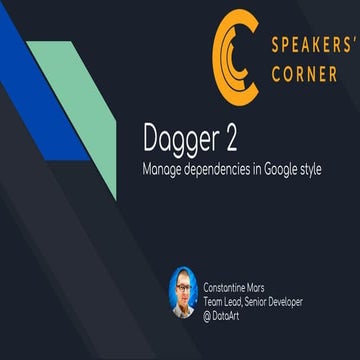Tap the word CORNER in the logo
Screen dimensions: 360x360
click(x=304, y=75)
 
